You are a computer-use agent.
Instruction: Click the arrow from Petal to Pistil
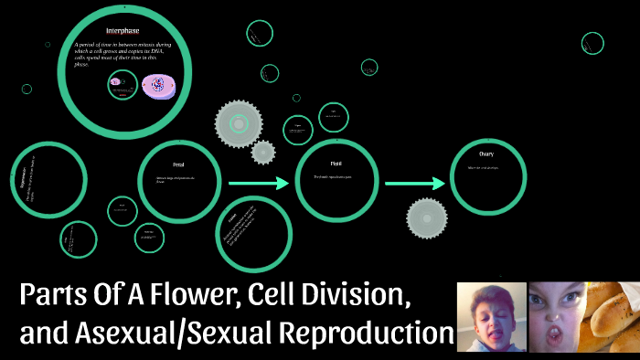coord(258,184)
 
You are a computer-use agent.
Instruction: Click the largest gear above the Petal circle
coord(239,123)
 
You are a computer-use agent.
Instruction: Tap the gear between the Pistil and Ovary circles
coord(427,217)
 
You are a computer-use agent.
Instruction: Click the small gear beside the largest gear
coord(263,152)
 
